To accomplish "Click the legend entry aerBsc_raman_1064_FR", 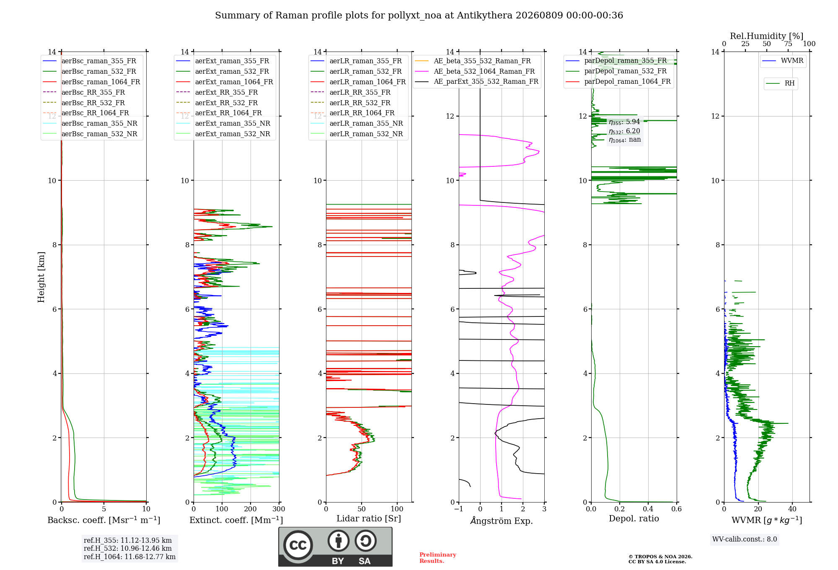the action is pos(91,82).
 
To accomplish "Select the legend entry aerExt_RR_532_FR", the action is pos(217,103).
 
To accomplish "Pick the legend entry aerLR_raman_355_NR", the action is pos(357,123).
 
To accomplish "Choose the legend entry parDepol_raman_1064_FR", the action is pos(618,81).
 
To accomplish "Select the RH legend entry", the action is pos(780,83).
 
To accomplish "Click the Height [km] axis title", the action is pos(41,277).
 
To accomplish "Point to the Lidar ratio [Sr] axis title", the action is pos(369,518).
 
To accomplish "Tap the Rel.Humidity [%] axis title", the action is pos(767,36).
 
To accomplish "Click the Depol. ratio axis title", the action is pos(634,518).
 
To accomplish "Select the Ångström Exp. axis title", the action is pos(502,521).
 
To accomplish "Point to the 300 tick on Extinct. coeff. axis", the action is pos(279,509).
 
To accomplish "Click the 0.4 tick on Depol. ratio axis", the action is pos(648,509).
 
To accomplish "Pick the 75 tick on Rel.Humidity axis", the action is pos(788,44).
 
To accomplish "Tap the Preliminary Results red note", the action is pos(438,558).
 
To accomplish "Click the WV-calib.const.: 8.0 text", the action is pos(745,539).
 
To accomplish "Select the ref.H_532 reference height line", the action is pos(128,548).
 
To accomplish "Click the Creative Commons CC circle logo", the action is pos(298,545).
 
